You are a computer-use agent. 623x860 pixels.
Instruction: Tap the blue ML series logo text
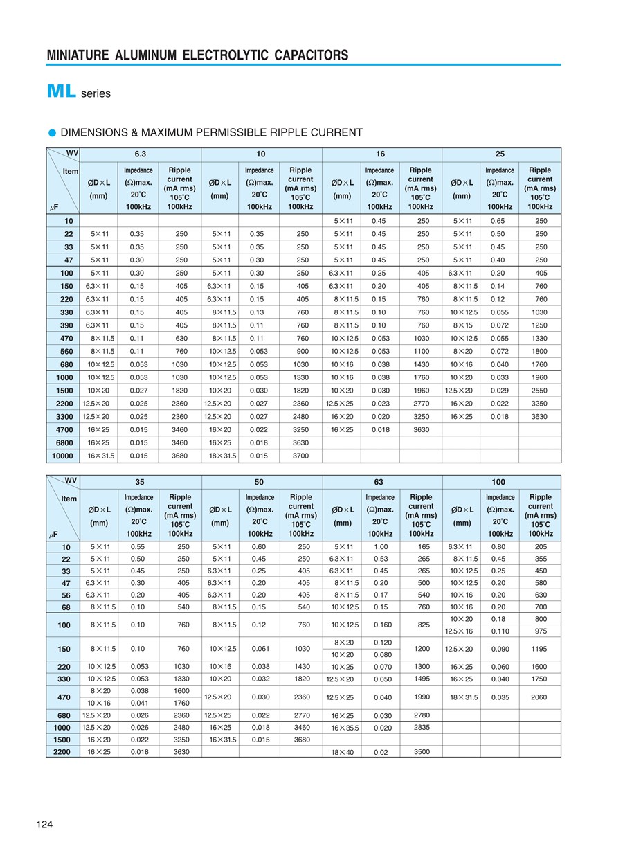pyautogui.click(x=62, y=92)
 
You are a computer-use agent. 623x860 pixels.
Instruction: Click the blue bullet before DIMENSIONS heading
pyautogui.click(x=52, y=132)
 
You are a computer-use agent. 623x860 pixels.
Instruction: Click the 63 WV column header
pyautogui.click(x=381, y=482)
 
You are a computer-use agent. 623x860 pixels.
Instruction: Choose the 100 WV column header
pyautogui.click(x=498, y=482)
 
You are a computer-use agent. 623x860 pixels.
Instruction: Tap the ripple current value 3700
pyautogui.click(x=300, y=456)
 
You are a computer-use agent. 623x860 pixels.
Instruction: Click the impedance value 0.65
pyautogui.click(x=498, y=220)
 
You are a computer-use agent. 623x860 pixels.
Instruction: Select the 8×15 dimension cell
pyautogui.click(x=462, y=325)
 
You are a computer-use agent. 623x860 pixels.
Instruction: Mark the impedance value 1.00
pyautogui.click(x=380, y=547)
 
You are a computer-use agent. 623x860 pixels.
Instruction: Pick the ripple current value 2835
pyautogui.click(x=421, y=728)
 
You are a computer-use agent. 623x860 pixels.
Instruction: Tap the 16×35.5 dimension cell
pyautogui.click(x=343, y=728)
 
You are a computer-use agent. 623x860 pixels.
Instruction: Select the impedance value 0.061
pyautogui.click(x=259, y=649)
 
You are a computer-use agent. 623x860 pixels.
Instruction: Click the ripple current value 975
pyautogui.click(x=541, y=631)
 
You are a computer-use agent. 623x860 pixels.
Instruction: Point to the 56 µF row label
pyautogui.click(x=66, y=594)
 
